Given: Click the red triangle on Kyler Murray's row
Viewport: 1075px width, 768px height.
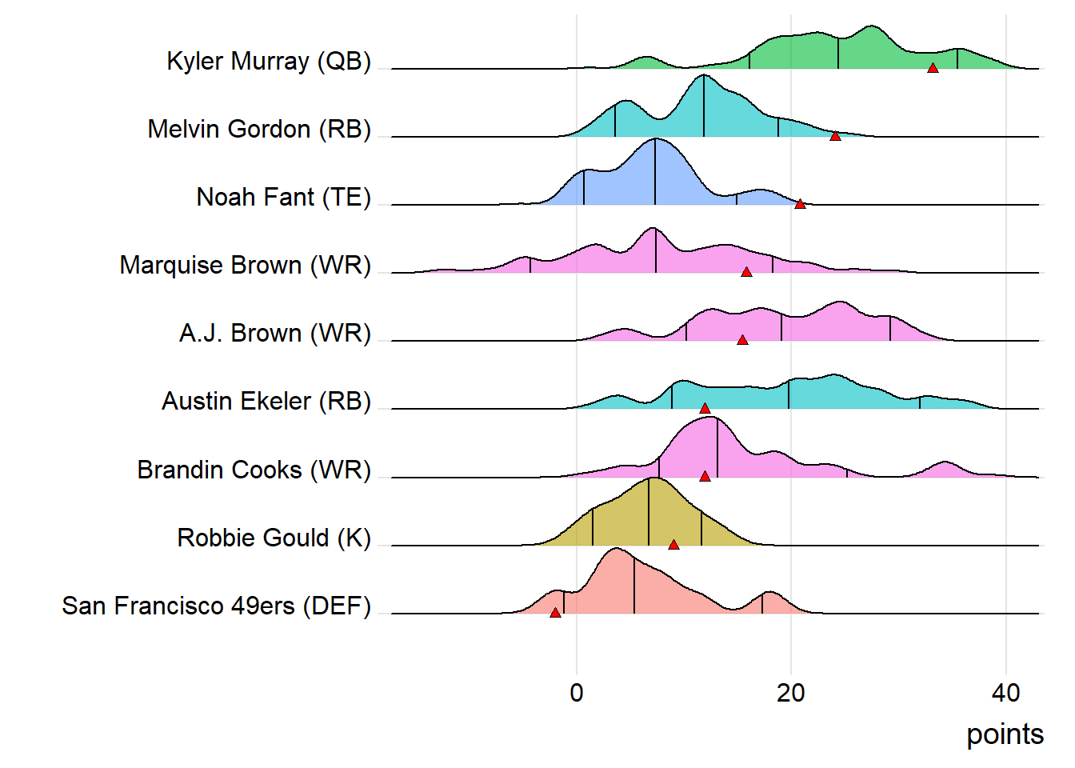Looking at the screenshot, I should [933, 68].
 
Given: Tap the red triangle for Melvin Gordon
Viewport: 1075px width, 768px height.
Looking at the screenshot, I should [835, 136].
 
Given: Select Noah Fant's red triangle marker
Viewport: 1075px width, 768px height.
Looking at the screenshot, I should [800, 204].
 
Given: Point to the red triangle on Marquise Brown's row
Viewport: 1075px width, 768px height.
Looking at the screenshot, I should [746, 272].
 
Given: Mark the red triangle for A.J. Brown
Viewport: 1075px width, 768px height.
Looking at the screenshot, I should [742, 340].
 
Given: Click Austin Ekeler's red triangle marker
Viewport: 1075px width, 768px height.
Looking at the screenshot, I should [705, 408].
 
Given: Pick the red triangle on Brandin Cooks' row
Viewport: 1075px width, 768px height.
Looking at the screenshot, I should [705, 476].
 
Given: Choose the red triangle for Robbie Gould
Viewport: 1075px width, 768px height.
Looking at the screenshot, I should [673, 544].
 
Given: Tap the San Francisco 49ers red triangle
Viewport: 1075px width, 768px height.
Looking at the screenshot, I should [555, 613].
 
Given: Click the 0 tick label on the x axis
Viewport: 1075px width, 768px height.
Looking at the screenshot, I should [577, 693].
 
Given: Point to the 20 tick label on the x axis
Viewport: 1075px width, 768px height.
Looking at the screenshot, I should [791, 693].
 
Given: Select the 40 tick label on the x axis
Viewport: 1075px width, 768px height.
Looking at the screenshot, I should [1005, 693].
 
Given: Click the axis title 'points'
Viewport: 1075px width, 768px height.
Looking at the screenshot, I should [1005, 734].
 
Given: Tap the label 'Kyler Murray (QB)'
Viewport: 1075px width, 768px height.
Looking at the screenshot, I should [269, 62].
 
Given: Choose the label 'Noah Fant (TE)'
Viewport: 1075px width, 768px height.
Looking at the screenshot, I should [284, 198].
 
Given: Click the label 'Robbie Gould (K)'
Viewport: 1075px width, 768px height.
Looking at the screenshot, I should [274, 538].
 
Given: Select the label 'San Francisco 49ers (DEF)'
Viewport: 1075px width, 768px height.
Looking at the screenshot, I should [217, 606].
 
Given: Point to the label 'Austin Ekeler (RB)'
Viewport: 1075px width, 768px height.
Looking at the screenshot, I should [266, 402].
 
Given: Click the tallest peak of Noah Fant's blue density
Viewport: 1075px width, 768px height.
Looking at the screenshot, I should [656, 141].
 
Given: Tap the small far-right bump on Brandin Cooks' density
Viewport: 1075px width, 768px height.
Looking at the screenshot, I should [946, 464].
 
